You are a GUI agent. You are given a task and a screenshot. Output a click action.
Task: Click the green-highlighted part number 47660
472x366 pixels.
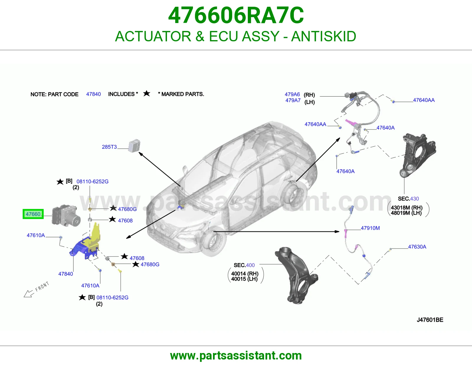tap(33, 214)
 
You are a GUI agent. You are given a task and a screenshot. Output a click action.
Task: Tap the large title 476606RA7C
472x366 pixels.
tap(236, 15)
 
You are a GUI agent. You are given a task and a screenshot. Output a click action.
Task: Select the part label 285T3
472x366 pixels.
tap(109, 147)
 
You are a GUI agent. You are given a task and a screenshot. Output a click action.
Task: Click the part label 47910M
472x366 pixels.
tap(370, 228)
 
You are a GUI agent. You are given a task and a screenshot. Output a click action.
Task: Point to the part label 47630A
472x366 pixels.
tap(417, 247)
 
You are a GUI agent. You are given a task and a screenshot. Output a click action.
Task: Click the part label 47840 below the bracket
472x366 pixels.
tap(65, 274)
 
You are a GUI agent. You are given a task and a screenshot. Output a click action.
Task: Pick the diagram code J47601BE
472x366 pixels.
tap(430, 320)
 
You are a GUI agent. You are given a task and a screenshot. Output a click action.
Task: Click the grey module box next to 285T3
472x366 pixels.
tap(134, 146)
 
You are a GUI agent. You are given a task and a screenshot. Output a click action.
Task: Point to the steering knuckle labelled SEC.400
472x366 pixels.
tap(296, 275)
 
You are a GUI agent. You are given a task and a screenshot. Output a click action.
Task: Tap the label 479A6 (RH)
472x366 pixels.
tap(300, 94)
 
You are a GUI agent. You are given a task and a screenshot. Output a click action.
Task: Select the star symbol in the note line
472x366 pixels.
tap(147, 94)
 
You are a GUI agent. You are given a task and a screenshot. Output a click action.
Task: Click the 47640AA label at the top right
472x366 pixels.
tap(424, 100)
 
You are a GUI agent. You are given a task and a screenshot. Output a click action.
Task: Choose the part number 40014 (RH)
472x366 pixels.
tap(245, 273)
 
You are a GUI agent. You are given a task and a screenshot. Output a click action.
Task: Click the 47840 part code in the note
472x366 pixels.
tap(94, 94)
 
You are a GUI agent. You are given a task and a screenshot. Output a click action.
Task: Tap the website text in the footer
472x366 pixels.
tap(236, 356)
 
